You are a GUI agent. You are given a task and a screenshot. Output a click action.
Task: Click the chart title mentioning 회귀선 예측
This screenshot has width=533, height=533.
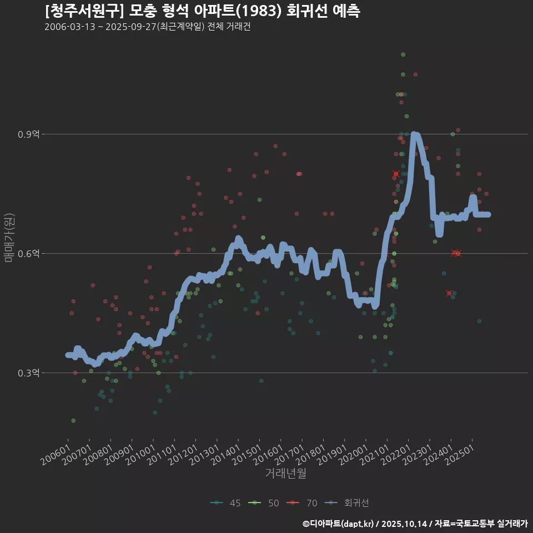(203, 11)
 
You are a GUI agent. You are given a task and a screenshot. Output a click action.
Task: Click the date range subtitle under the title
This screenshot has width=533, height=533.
(147, 27)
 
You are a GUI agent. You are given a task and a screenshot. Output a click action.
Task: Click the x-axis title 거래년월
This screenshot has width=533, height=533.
(285, 473)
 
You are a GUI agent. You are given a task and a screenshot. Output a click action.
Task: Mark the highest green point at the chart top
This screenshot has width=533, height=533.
(403, 54)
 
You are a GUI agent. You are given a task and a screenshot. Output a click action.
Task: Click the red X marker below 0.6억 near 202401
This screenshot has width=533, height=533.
(449, 293)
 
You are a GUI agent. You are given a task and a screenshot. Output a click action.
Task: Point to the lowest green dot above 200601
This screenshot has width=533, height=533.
(73, 420)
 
